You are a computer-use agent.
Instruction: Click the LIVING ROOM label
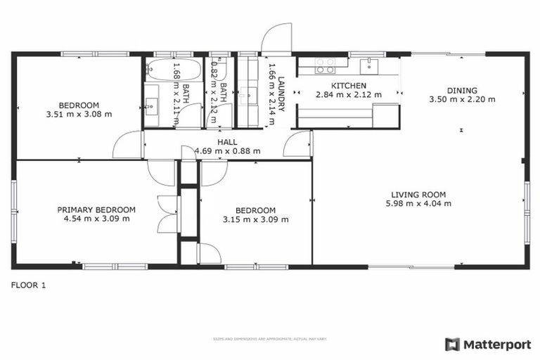click(x=419, y=195)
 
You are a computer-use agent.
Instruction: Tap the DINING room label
click(x=462, y=90)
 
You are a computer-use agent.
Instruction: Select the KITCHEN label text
click(x=349, y=86)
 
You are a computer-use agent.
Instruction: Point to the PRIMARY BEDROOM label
click(x=96, y=210)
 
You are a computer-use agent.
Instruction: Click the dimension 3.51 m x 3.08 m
click(x=79, y=114)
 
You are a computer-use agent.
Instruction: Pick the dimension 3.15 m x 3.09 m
click(x=255, y=219)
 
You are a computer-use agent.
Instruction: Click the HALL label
click(x=227, y=141)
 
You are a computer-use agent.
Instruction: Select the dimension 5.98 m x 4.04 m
click(x=419, y=204)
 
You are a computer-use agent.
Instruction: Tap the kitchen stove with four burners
click(x=324, y=65)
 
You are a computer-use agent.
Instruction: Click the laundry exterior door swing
click(x=276, y=39)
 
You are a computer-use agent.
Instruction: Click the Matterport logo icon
click(x=452, y=345)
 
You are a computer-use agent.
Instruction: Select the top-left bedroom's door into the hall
click(x=128, y=145)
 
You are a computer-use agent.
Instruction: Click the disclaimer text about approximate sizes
click(x=270, y=339)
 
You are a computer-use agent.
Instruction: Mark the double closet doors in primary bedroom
click(x=166, y=212)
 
